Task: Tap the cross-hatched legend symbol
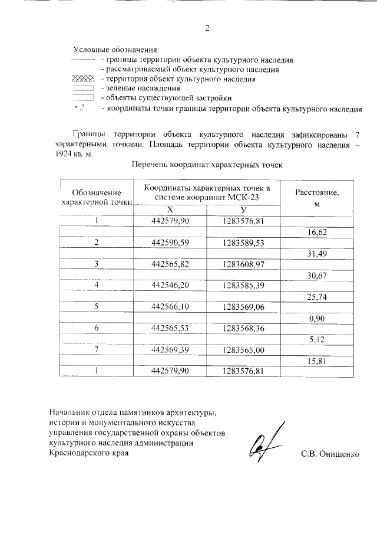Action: click(82, 79)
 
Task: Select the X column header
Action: click(170, 210)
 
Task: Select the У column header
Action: click(242, 210)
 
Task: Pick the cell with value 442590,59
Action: click(170, 243)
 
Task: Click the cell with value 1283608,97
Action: click(242, 263)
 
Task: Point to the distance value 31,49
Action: click(317, 253)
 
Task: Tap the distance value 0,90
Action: click(317, 318)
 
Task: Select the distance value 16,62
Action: click(317, 232)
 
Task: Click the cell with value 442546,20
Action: click(170, 285)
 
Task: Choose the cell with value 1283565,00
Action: click(242, 350)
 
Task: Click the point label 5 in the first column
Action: click(96, 307)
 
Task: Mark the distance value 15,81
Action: click(317, 361)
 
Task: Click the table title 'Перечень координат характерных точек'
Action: click(207, 166)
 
